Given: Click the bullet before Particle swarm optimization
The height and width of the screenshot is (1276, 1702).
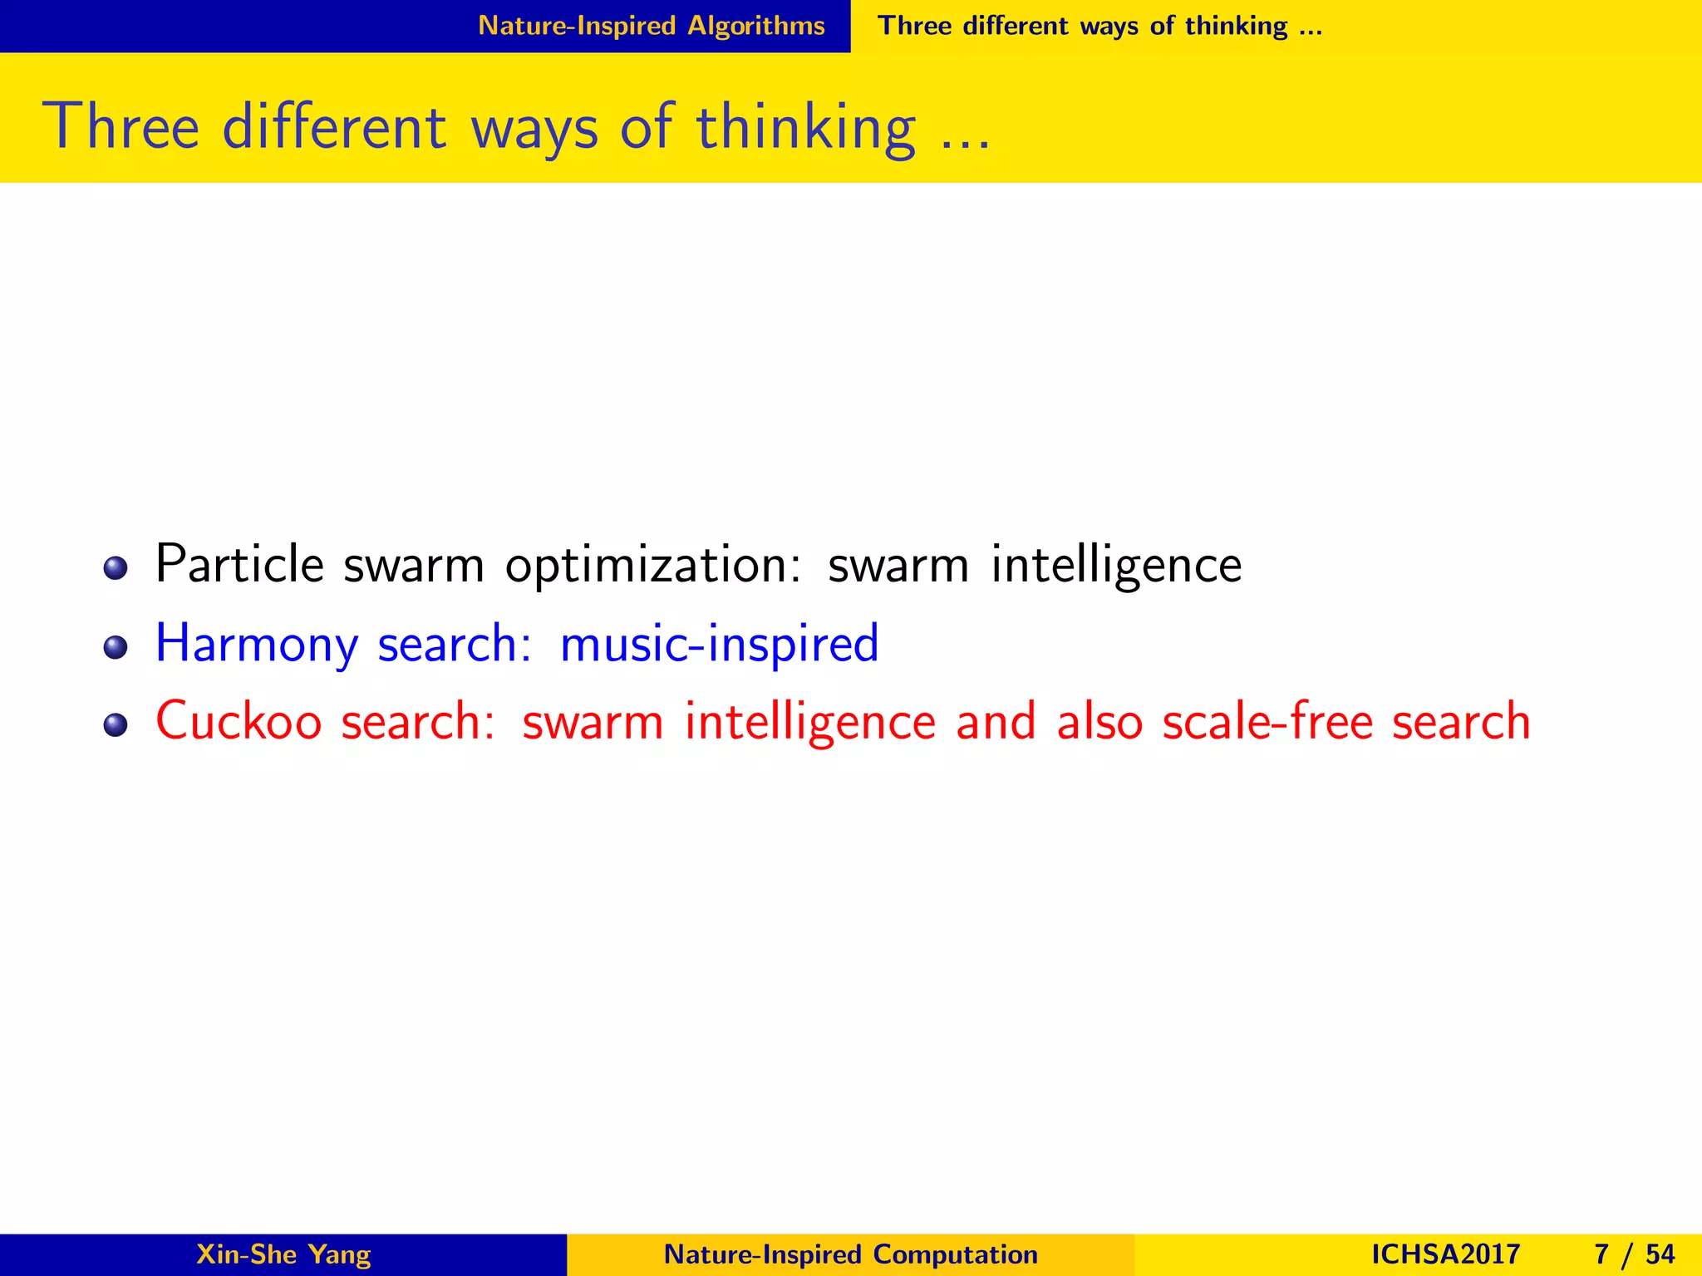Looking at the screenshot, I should (116, 569).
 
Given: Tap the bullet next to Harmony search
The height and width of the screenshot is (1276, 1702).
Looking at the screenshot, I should (116, 647).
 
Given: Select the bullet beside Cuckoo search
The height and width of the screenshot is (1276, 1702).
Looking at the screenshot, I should (116, 725).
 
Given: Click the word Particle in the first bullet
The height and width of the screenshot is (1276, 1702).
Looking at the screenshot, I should (239, 565).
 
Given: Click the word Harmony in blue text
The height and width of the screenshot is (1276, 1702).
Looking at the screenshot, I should (257, 645).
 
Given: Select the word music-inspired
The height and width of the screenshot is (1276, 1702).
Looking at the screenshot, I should (719, 644).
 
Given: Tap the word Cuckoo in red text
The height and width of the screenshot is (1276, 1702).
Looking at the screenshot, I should (239, 721).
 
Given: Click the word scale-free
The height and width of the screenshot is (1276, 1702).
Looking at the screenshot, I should (1267, 721).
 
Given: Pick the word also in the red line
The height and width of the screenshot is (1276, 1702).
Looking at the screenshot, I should (1099, 721).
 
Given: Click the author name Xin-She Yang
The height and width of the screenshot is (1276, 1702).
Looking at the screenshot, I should (283, 1254).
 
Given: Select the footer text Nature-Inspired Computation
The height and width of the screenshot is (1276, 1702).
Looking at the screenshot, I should (850, 1254).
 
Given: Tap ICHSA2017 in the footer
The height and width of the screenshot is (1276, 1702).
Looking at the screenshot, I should (1445, 1254).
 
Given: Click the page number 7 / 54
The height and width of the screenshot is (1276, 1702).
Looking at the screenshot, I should (1634, 1254).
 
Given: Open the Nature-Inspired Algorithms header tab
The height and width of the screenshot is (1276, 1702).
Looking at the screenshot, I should (651, 26).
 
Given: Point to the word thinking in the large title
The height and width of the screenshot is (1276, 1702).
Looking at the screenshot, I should (805, 129).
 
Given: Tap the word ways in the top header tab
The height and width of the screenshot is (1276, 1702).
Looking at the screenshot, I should (1109, 27).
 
